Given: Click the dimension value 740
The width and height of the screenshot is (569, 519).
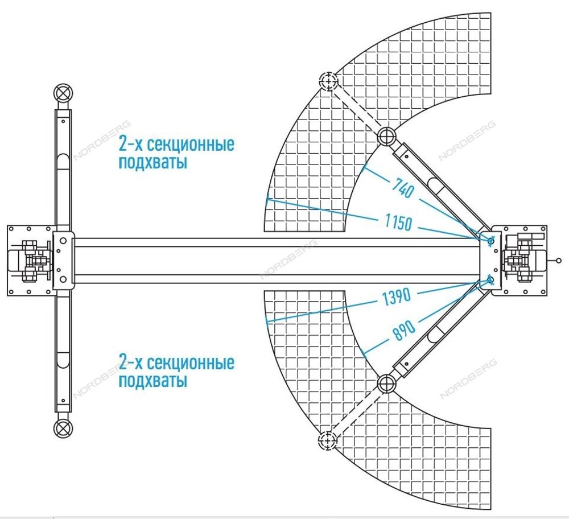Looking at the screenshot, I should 402,188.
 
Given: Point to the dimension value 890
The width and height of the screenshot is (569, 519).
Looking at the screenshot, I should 405,329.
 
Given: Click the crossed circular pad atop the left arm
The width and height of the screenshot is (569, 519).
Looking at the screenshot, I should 63,92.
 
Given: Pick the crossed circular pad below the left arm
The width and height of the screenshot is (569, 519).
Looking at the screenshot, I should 63,429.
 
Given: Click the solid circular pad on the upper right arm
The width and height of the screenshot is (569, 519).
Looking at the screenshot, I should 386,136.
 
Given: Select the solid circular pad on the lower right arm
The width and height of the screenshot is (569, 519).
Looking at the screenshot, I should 386,382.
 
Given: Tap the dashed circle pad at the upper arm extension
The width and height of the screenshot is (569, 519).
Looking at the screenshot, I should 328,82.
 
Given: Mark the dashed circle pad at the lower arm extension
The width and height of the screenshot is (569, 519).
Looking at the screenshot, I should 327,439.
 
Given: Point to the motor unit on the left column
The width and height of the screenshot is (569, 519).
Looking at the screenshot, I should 28,261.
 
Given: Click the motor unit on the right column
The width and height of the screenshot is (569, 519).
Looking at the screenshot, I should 523,261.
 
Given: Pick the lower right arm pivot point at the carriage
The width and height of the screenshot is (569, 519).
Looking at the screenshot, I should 488,279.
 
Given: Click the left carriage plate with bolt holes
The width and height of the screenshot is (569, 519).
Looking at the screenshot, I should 63,261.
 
